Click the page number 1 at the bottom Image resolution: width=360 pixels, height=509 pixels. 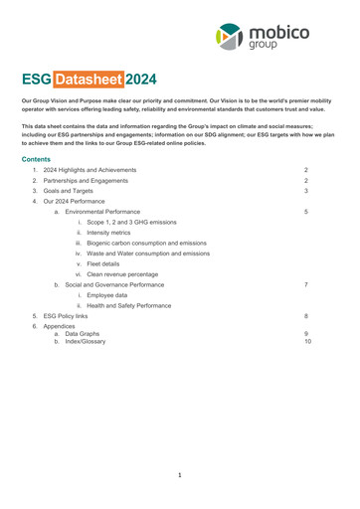coord(180,476)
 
